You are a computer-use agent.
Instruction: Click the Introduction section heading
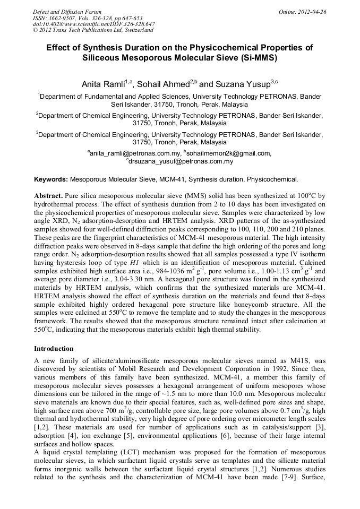pos(54,349)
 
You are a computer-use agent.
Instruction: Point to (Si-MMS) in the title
pos(257,57)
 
